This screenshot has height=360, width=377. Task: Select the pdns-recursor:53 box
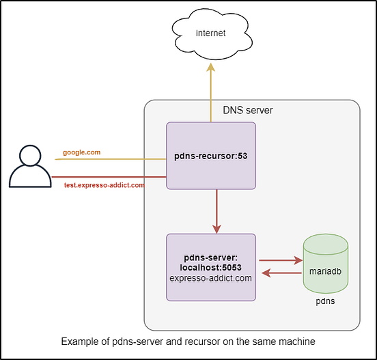pos(211,156)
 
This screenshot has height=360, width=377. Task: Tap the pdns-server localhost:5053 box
pos(211,267)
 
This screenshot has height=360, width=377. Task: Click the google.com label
pos(81,152)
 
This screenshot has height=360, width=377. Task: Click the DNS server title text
pos(248,109)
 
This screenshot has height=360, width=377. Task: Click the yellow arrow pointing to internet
pos(211,89)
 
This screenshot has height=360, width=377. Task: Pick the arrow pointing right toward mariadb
pos(280,260)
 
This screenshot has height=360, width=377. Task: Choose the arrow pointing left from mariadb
pos(280,274)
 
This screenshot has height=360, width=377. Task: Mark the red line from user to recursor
pos(109,177)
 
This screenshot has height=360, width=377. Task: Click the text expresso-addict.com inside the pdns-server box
pos(211,279)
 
